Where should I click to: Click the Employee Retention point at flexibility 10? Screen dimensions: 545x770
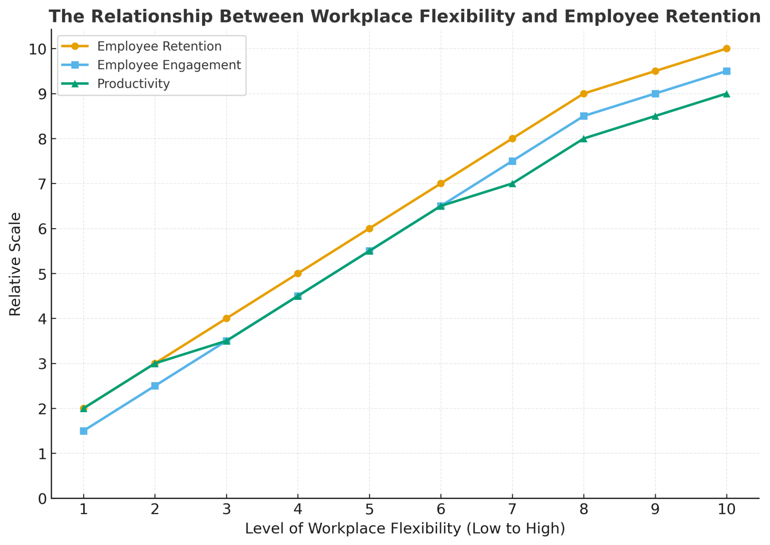coord(726,49)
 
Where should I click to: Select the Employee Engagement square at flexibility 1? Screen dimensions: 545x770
coord(84,431)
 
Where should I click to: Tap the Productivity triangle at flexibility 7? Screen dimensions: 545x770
coord(512,184)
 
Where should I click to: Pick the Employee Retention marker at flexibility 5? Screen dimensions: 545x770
coord(369,229)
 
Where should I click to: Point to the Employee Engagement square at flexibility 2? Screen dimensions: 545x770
coord(155,386)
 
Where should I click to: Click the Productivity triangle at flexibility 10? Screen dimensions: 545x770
coord(726,94)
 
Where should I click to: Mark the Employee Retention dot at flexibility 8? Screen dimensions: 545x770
coord(584,94)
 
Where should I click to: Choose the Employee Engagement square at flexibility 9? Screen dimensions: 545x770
coord(655,94)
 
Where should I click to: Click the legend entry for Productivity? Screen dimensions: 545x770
coord(133,84)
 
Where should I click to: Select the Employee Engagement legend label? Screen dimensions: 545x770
coord(169,65)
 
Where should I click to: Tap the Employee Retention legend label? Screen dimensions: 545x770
coord(159,47)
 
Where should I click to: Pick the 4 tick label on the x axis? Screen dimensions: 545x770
coord(298,510)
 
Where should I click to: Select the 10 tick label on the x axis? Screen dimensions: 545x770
coord(726,510)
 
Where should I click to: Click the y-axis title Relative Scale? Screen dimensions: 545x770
coord(16,264)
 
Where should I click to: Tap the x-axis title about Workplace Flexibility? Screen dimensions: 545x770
coord(405,528)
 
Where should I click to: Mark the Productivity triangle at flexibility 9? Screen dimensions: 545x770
coord(655,116)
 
